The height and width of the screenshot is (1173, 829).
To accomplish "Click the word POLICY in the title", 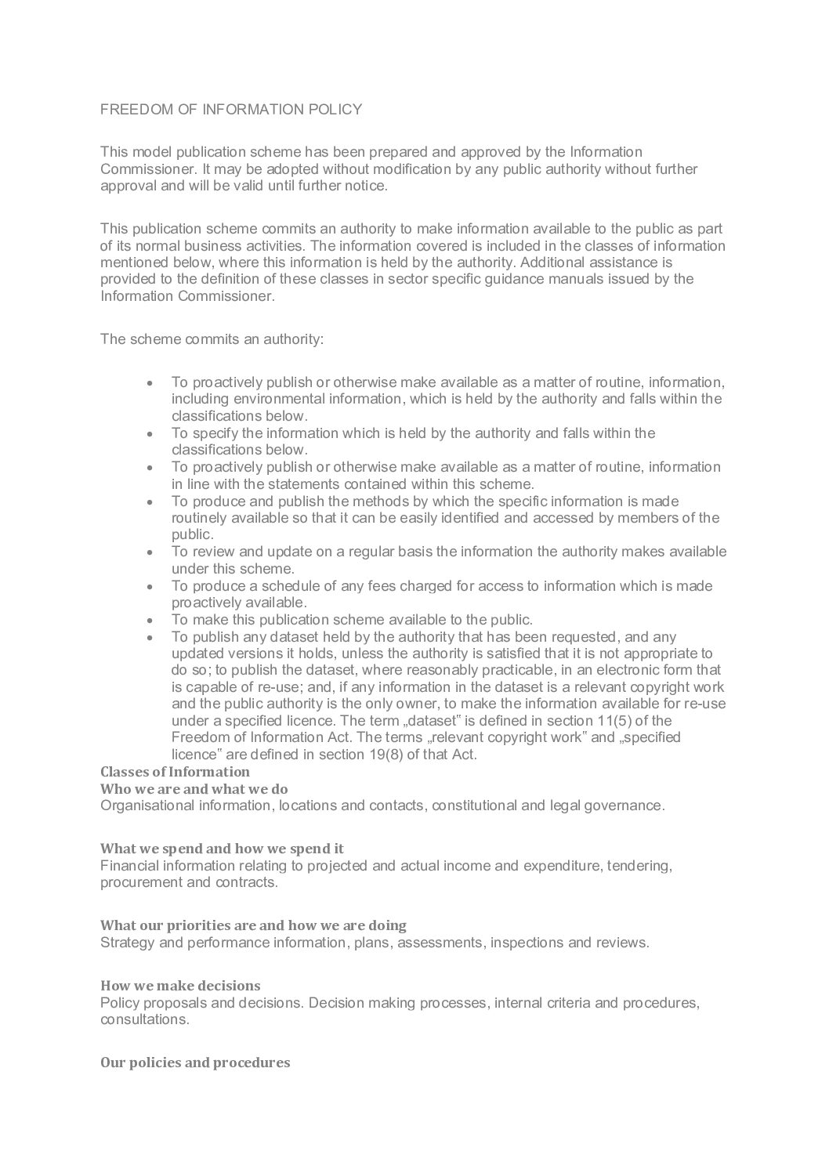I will (x=336, y=110).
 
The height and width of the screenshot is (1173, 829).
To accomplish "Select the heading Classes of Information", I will (x=175, y=772).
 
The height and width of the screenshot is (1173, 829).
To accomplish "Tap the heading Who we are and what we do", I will (x=194, y=789).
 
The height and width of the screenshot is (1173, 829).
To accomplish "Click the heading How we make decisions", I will (x=180, y=985).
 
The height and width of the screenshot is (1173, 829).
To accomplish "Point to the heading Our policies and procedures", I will (x=195, y=1063).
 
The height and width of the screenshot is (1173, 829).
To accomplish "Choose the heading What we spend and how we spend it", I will (x=222, y=849).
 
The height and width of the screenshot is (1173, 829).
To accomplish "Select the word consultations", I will (x=144, y=1019).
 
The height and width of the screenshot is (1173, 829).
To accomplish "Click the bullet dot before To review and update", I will (x=150, y=552).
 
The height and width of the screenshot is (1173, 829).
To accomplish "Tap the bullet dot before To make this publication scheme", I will (x=150, y=620).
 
